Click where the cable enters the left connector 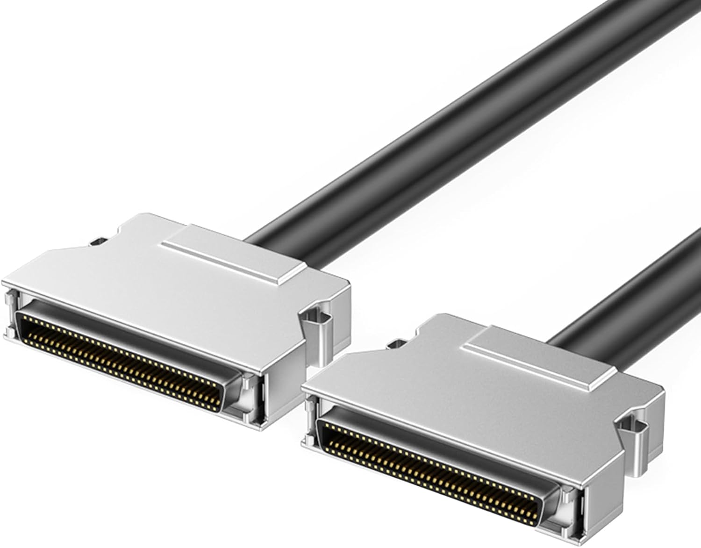click(262, 243)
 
